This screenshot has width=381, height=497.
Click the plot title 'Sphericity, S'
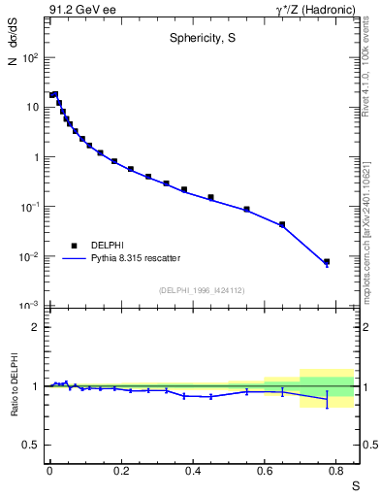201,39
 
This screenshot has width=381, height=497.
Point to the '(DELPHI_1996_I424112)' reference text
201,290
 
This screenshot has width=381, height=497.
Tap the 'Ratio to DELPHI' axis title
15,386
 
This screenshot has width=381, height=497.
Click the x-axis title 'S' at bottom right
354,484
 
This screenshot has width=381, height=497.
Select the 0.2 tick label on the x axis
121,470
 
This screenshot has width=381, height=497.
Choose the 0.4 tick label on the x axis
193,470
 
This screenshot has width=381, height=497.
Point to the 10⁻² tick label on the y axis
30,257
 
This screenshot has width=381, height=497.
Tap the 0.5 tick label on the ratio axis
30,446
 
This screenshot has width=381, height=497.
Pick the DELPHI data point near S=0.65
282,224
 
